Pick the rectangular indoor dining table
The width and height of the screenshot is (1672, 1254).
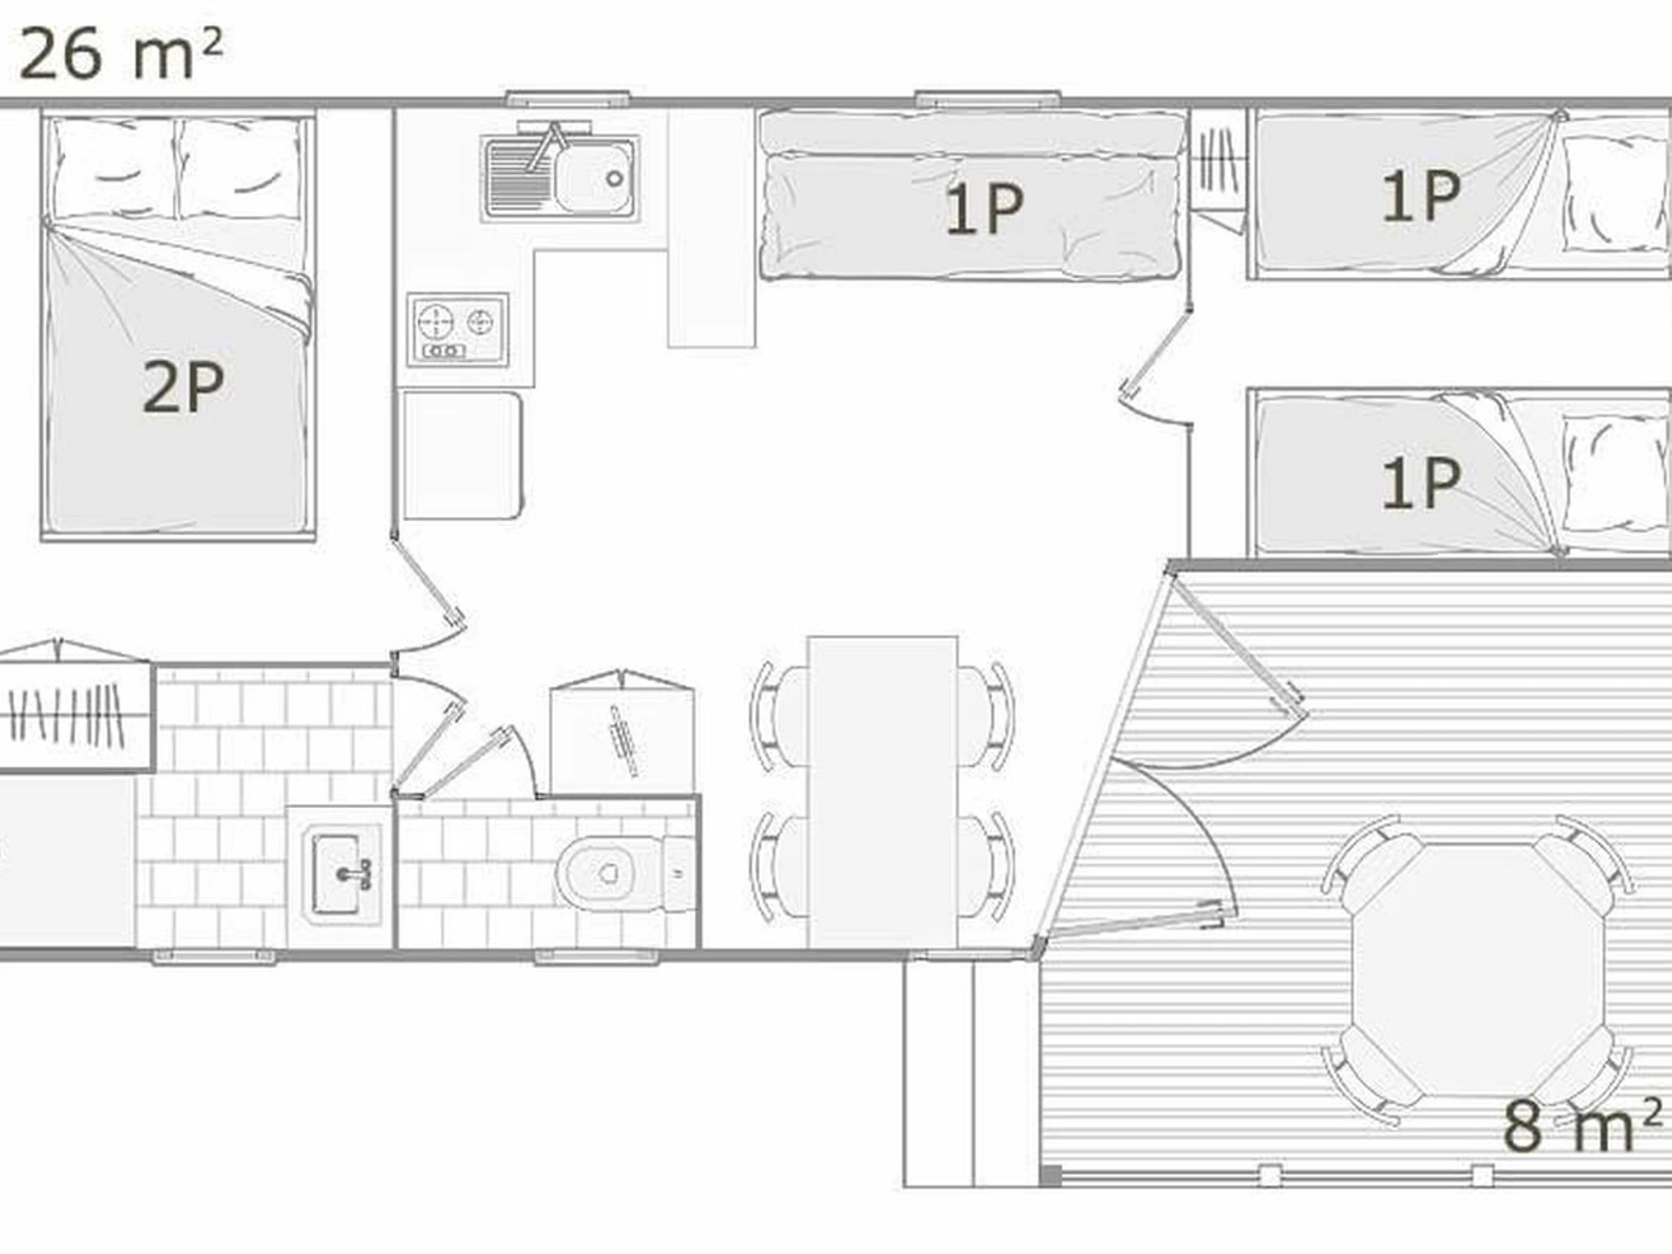[883, 791]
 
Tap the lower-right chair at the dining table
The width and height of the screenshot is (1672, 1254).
[986, 866]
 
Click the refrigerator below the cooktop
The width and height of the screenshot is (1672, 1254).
[463, 454]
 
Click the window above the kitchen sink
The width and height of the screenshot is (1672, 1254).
[568, 98]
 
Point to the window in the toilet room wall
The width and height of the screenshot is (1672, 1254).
[597, 958]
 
